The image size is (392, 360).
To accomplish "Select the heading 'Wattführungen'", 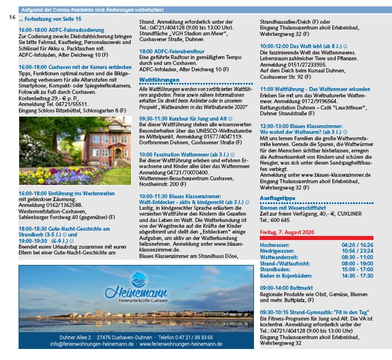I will pyautogui.click(x=159, y=79).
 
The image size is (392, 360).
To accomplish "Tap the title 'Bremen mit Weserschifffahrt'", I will pyautogui.click(x=292, y=208).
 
